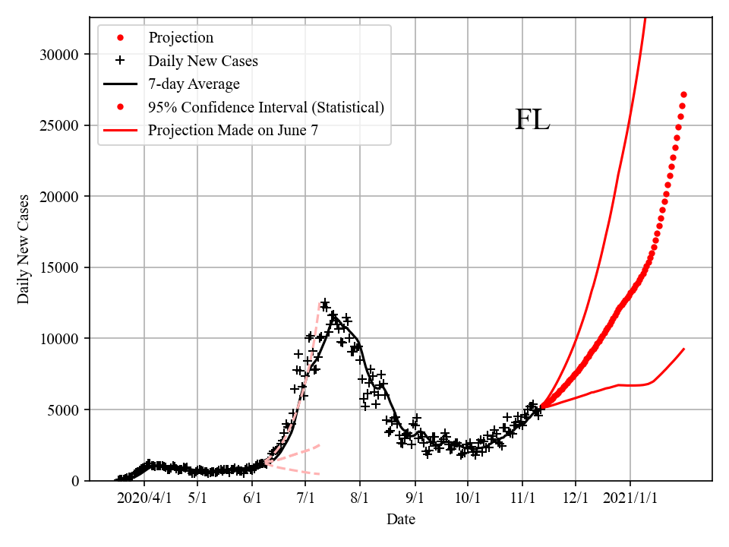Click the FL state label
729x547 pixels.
click(x=532, y=120)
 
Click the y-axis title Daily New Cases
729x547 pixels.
click(x=24, y=248)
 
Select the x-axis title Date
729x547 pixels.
click(x=400, y=520)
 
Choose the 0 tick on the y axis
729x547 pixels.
click(x=75, y=481)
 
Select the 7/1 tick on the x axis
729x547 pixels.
click(x=305, y=498)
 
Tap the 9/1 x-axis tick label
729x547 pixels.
click(x=415, y=498)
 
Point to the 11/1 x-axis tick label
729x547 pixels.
click(x=522, y=498)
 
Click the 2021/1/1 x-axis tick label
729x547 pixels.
click(x=630, y=498)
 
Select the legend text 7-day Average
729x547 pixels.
click(x=194, y=84)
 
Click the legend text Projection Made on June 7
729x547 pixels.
click(x=232, y=130)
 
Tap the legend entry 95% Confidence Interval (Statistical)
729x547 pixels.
click(x=266, y=107)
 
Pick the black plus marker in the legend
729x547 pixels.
click(x=120, y=61)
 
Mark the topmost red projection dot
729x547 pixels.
click(x=683, y=94)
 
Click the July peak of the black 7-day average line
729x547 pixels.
click(x=333, y=315)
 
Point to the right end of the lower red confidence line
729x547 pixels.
click(x=684, y=349)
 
